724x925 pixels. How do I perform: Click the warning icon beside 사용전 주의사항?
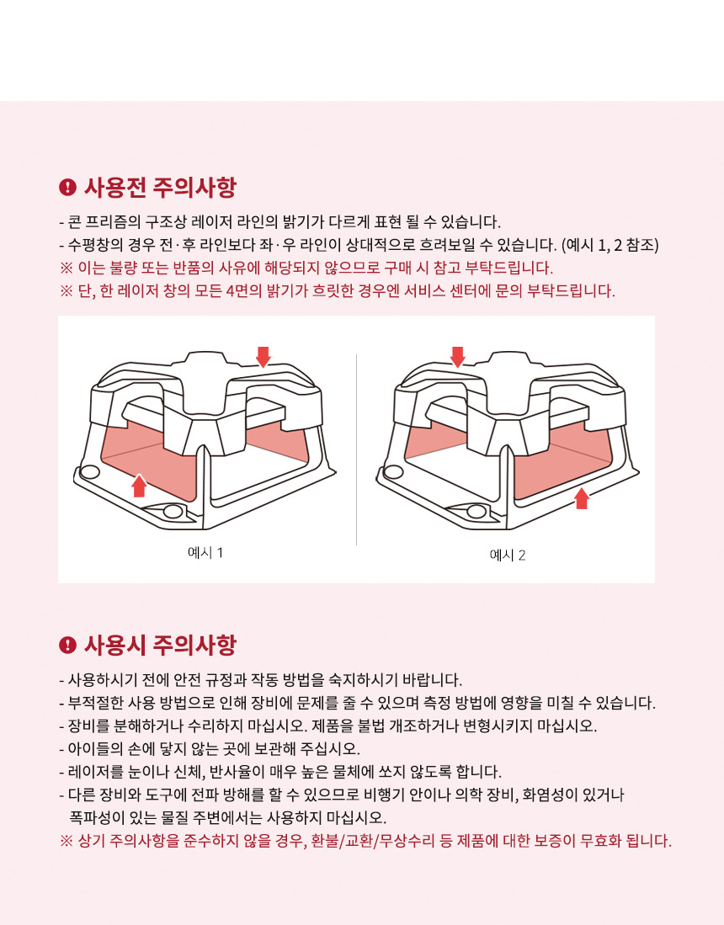click(x=68, y=187)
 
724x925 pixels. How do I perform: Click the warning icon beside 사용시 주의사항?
click(x=68, y=645)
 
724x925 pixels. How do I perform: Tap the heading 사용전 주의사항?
click(x=160, y=187)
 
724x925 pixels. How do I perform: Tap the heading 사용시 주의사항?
click(x=160, y=645)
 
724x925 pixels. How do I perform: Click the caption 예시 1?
click(x=205, y=553)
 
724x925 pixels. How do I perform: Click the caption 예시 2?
click(x=508, y=556)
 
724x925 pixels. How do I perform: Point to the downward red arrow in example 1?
click(x=264, y=357)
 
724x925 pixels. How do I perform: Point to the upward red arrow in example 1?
click(x=139, y=486)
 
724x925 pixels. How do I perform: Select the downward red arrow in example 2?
click(x=457, y=357)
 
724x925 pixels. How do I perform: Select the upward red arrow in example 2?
click(x=582, y=498)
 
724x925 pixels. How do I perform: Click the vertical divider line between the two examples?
click(x=356, y=449)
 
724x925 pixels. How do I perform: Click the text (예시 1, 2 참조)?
click(x=610, y=245)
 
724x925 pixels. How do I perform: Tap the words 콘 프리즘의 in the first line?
click(x=104, y=222)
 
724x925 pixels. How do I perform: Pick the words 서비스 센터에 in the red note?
click(x=440, y=291)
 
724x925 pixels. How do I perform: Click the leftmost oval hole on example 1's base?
click(x=89, y=472)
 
